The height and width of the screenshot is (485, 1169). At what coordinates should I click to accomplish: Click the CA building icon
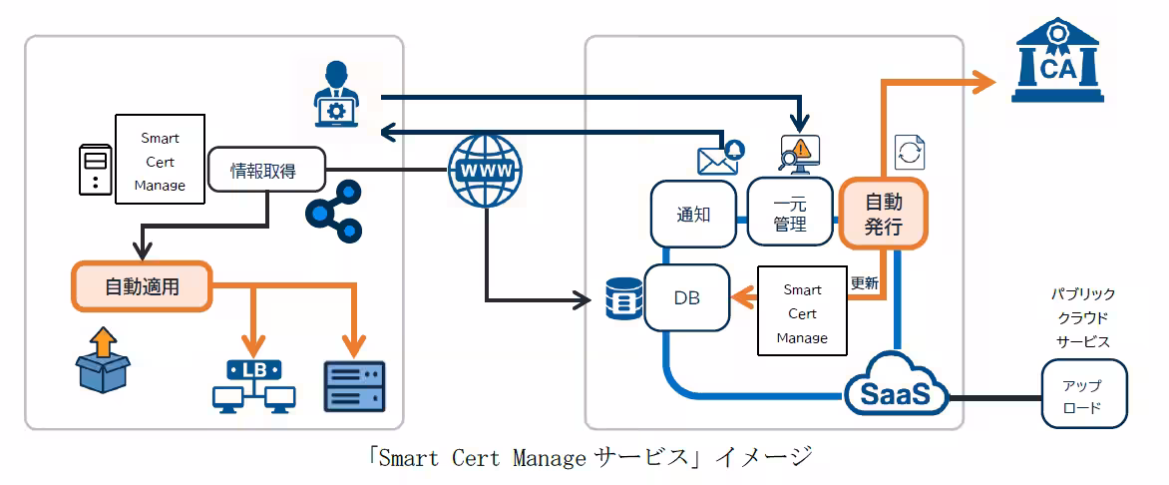point(1057,60)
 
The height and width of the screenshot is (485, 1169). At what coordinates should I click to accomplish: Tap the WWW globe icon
point(486,171)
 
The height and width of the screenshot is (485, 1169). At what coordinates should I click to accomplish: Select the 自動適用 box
point(141,285)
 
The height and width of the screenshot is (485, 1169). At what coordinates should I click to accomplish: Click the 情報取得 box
point(266,171)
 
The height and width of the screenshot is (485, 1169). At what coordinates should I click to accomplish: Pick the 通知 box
point(693,215)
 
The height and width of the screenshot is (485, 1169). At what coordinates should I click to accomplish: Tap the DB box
point(686,297)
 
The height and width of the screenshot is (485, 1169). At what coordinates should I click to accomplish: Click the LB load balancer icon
point(254,386)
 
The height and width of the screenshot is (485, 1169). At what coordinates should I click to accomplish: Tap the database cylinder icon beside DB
point(624,298)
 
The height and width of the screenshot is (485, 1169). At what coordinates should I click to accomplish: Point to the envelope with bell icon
point(719,157)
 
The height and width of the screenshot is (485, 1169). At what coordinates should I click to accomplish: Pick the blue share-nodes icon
point(332,212)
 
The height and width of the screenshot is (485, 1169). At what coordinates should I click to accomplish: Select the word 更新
point(864,283)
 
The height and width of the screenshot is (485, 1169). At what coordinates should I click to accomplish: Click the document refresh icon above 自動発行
point(910,153)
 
